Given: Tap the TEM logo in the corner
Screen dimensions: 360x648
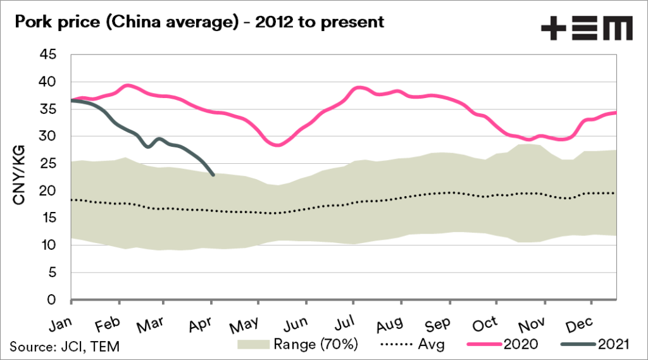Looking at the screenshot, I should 587,27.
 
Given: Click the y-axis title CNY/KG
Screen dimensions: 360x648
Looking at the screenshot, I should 20,178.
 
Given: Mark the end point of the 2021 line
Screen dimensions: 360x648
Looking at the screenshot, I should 213,175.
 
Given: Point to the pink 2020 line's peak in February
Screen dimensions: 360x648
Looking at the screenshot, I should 128,85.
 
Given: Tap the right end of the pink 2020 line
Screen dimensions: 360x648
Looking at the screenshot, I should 616,113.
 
